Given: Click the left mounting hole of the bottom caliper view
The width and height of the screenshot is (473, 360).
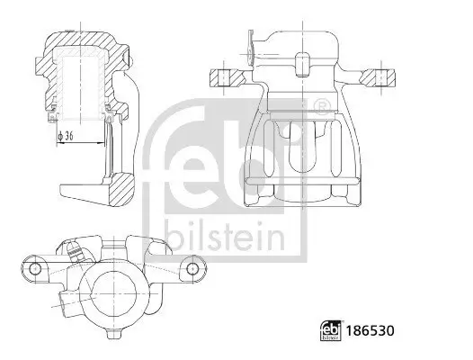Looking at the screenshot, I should [34, 268].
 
